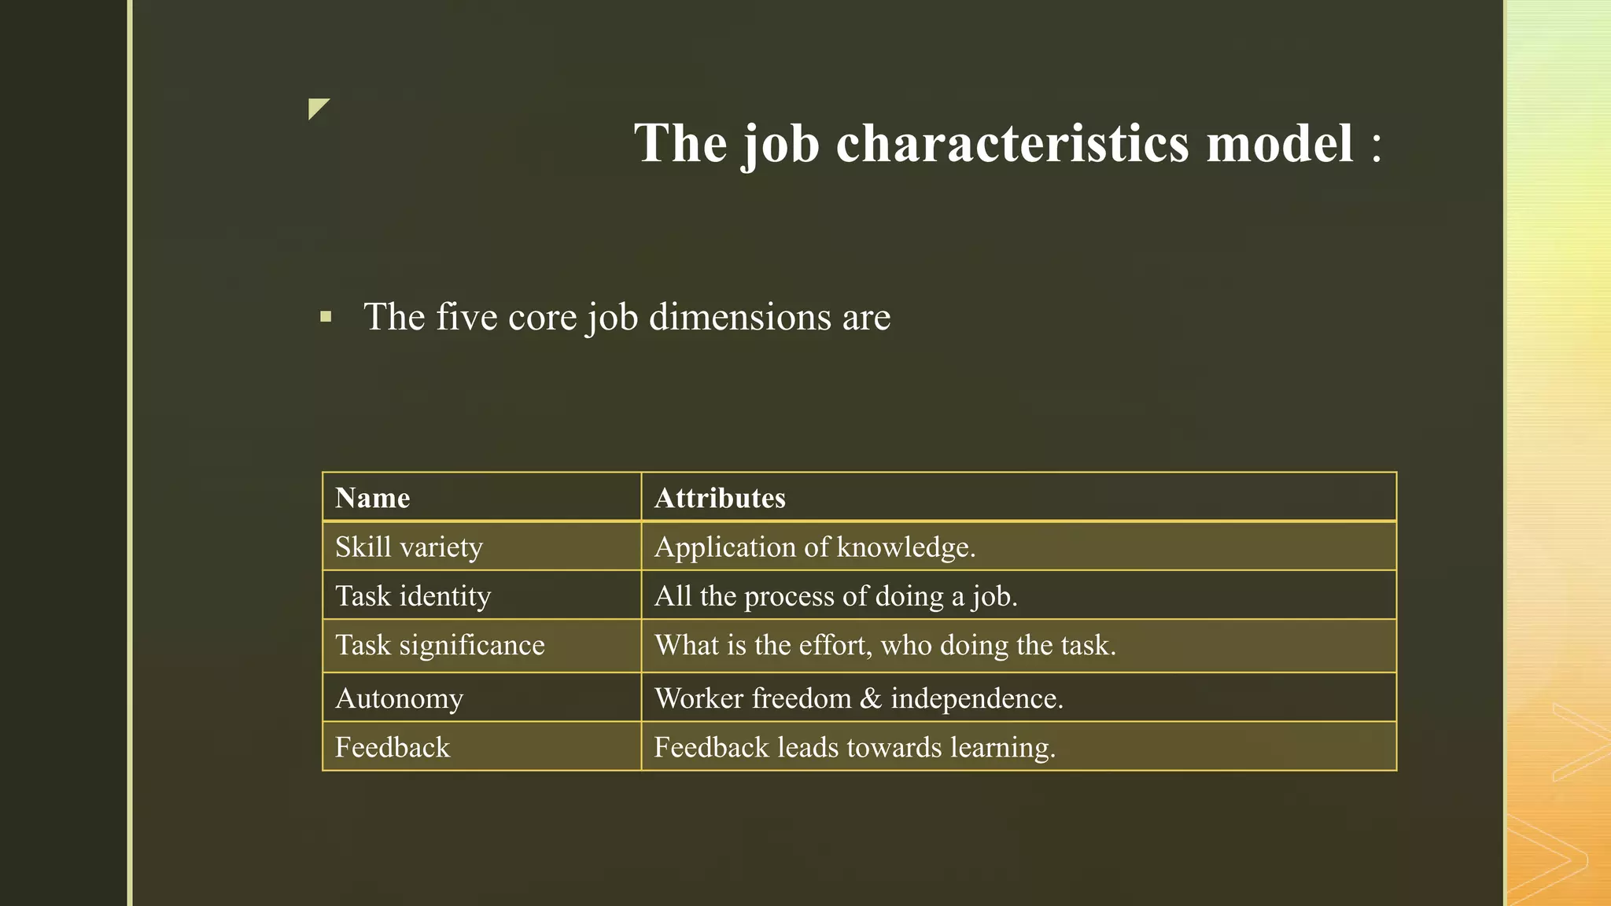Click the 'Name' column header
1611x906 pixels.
point(373,499)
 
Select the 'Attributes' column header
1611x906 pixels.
point(720,499)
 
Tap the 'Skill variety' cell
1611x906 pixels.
point(409,547)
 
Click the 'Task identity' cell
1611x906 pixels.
point(413,596)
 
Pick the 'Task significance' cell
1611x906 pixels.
point(440,646)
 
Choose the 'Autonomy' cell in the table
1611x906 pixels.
point(400,698)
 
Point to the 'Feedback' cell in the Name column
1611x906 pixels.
point(393,747)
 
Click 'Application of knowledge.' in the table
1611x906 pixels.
point(815,547)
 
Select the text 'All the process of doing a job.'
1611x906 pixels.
point(836,596)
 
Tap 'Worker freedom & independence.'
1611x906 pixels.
point(859,698)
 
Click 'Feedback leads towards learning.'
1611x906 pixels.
point(855,747)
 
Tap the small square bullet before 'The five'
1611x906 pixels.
point(326,318)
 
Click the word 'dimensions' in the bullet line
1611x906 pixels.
point(740,317)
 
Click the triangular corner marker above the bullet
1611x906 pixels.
point(316,107)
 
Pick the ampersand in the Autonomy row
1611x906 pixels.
point(871,698)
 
